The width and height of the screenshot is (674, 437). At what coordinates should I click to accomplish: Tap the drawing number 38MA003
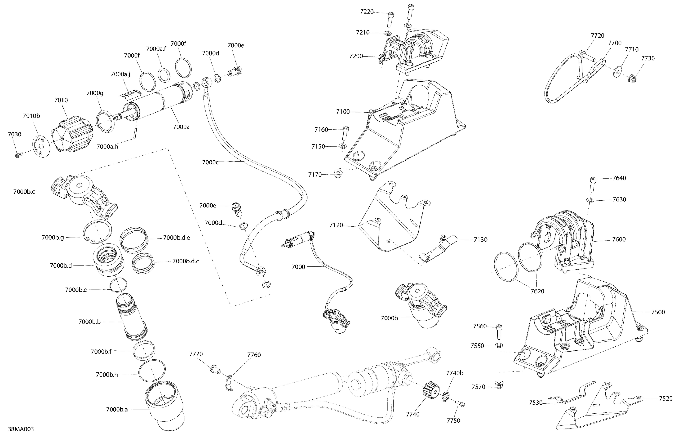(x=21, y=429)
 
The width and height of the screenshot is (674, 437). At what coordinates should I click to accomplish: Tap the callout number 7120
(x=336, y=225)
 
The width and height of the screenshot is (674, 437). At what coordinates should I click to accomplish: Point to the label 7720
(x=598, y=36)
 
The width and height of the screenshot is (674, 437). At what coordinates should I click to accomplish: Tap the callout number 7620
(x=537, y=291)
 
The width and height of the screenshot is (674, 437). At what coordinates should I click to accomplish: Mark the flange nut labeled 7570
(x=499, y=385)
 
